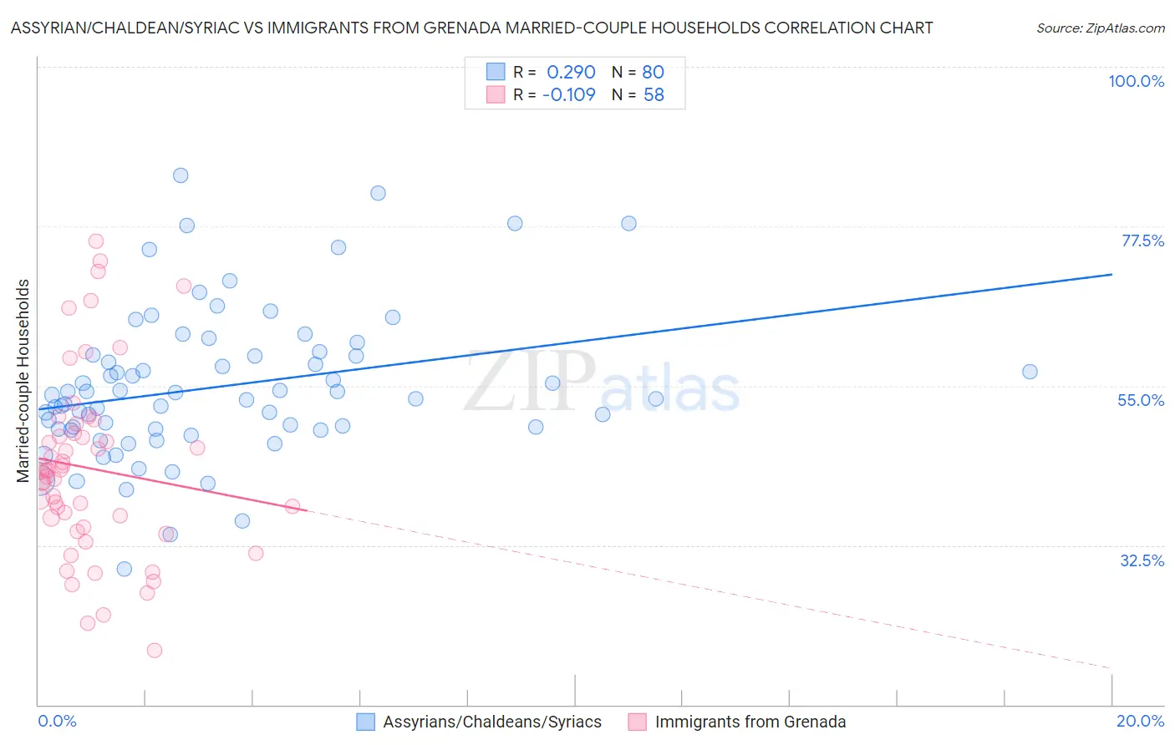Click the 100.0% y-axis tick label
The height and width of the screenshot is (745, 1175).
(1136, 81)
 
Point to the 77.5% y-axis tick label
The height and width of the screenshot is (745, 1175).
(1142, 241)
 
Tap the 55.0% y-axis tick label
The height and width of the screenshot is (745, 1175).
(1141, 400)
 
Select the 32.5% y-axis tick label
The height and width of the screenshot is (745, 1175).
(1142, 560)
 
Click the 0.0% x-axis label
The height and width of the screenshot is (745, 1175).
(57, 721)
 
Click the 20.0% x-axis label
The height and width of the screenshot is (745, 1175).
(1140, 721)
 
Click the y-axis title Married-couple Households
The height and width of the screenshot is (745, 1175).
(23, 380)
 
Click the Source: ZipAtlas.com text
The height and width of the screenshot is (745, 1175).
(1100, 28)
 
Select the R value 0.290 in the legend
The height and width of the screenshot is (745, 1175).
(571, 72)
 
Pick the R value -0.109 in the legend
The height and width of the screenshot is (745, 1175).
(568, 94)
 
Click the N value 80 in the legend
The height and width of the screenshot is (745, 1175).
(653, 72)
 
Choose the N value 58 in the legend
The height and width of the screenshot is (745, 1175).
(653, 94)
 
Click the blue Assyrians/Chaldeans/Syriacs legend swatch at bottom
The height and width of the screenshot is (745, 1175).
(365, 722)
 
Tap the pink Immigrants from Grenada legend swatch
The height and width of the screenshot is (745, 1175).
(638, 722)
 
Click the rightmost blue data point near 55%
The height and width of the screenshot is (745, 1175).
(1030, 372)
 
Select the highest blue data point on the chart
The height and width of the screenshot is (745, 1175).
(181, 175)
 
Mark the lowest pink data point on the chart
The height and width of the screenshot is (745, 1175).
(155, 651)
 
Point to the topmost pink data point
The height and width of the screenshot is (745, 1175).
(96, 241)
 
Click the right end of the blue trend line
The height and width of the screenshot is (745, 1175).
(1111, 274)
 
